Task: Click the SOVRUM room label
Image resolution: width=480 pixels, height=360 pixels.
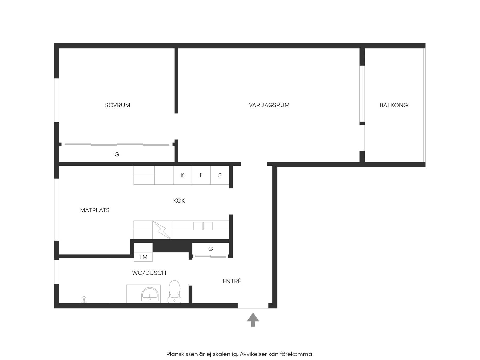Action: coord(117,105)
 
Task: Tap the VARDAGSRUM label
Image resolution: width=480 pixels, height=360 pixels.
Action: coord(269,105)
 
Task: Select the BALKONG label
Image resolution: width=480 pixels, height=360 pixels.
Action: coord(394,105)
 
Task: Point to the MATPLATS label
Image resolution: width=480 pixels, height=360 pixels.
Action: coord(95,210)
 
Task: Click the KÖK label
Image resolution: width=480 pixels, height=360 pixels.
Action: coord(179,200)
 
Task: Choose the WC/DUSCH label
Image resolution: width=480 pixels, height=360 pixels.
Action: coord(149,273)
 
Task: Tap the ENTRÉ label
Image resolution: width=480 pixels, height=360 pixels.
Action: coord(232,281)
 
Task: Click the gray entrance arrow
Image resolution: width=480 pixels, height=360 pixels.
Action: coord(253,319)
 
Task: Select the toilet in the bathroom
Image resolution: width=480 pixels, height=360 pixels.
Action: coord(174,291)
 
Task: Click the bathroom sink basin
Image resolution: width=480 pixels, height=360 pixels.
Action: coord(150,294)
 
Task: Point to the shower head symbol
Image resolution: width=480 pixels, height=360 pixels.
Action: coord(84,300)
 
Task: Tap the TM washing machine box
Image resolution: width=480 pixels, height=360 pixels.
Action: coord(143,257)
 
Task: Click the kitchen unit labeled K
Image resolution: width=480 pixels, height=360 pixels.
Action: coord(182,175)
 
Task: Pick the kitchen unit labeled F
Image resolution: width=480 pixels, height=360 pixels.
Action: coord(201,175)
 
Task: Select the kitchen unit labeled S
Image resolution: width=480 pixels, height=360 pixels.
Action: coord(220,175)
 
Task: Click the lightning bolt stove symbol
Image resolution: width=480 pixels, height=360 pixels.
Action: coord(162,230)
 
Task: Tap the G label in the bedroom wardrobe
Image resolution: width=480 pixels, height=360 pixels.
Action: coord(117,154)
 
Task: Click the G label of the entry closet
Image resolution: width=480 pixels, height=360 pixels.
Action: coord(210,249)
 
